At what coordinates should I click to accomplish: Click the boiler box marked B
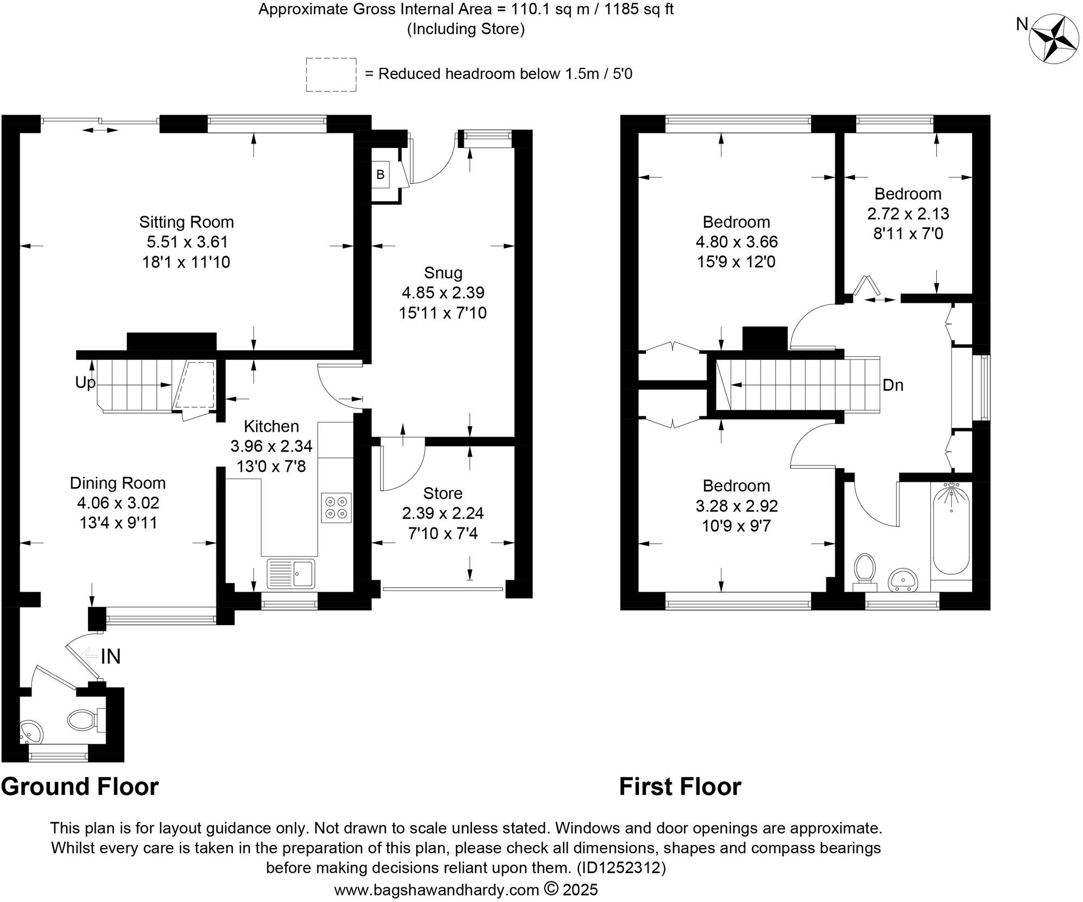point(381,175)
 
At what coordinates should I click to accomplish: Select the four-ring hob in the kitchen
point(336,507)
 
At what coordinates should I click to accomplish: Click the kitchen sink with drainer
point(290,573)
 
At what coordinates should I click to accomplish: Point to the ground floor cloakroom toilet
point(85,720)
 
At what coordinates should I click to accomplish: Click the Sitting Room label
point(186,222)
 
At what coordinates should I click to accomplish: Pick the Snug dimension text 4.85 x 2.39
point(443,293)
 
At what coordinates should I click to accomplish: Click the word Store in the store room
point(443,493)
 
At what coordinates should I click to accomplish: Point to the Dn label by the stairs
point(893,385)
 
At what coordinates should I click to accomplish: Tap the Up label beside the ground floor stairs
point(85,383)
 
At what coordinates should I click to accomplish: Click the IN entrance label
point(110,656)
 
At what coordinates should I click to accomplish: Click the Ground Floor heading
point(80,787)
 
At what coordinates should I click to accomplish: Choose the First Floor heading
point(680,787)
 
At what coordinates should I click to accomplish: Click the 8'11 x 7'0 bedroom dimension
point(908,233)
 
